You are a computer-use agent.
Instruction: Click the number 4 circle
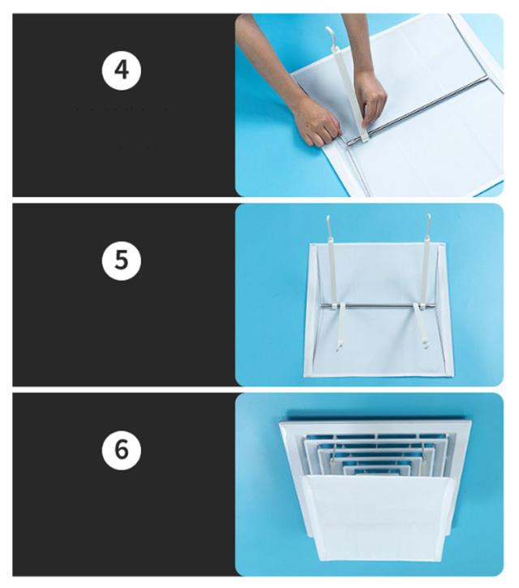(122, 71)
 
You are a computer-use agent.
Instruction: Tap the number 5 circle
(122, 260)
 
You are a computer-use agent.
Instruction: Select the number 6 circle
(122, 450)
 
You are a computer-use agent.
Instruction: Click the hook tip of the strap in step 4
(328, 29)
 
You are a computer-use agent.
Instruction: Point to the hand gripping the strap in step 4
(371, 98)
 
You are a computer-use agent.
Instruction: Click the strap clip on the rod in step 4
(364, 138)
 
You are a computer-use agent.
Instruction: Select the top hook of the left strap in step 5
(328, 221)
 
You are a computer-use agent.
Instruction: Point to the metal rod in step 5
(380, 307)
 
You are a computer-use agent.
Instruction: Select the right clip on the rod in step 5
(419, 307)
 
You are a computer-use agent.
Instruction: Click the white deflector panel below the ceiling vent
(379, 517)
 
